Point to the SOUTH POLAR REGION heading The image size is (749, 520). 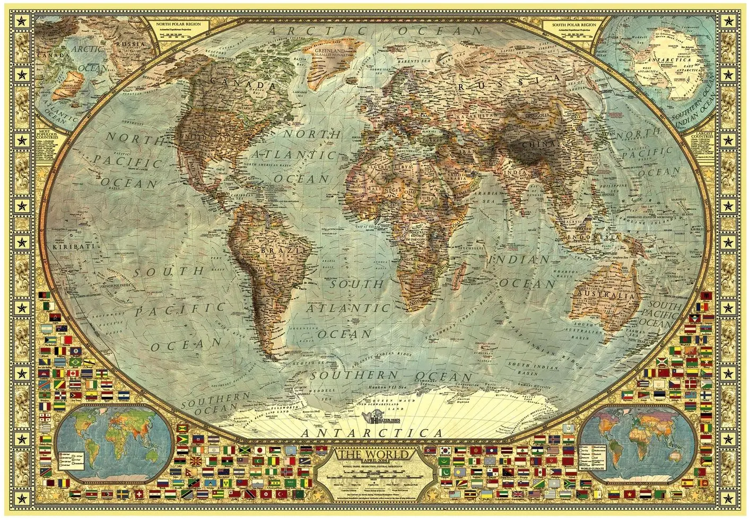click(x=573, y=24)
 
